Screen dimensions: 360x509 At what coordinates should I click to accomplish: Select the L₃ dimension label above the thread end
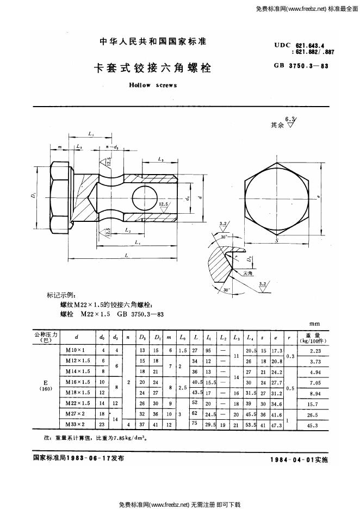pyautogui.click(x=160, y=159)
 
